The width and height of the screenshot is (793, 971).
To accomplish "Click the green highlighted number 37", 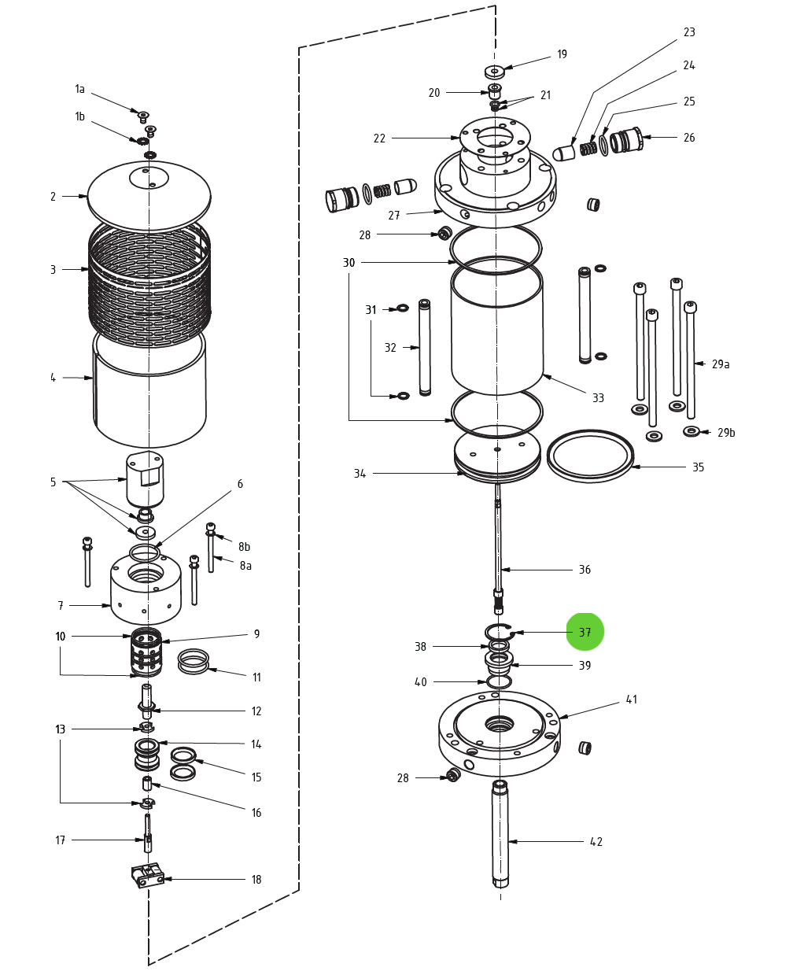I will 585,632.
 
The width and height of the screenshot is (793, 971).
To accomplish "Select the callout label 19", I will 562,54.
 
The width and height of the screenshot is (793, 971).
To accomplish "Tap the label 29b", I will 726,432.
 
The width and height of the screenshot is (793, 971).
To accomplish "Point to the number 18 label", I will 256,880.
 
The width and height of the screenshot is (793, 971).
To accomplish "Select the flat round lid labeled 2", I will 149,196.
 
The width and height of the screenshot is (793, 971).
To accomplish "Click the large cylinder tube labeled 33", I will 497,330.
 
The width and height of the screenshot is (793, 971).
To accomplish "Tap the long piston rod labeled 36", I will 498,543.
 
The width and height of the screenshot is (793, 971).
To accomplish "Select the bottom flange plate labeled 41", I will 499,732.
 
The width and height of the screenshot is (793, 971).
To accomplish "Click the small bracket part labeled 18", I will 147,875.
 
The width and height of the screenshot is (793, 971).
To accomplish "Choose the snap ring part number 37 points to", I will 499,631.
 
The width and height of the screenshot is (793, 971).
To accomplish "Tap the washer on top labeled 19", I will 494,72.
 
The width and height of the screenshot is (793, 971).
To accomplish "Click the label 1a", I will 79,89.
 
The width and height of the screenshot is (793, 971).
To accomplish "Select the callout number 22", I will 379,138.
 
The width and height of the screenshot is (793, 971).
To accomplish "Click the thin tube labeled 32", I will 425,346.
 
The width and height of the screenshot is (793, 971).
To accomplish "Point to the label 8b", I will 245,546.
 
